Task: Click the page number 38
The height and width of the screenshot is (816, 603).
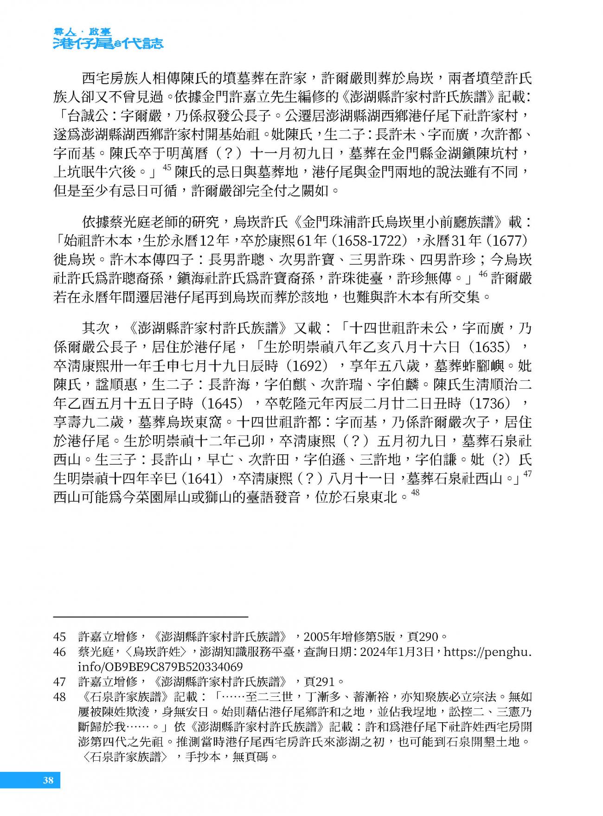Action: click(x=48, y=780)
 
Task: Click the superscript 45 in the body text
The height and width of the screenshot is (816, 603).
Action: click(x=167, y=167)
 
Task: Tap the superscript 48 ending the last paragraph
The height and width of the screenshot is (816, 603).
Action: click(x=415, y=493)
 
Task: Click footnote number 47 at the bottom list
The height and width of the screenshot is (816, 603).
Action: click(x=60, y=681)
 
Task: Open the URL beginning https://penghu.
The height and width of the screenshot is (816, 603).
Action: click(x=487, y=652)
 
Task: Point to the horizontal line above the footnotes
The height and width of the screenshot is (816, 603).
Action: click(x=151, y=617)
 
